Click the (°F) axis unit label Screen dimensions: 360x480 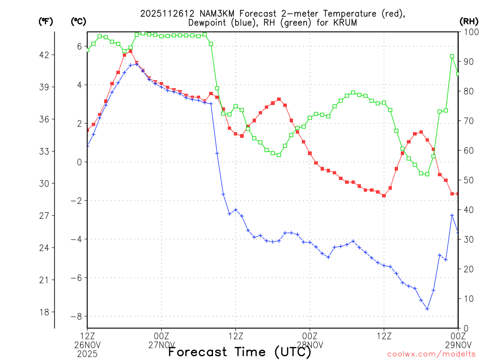click(45, 21)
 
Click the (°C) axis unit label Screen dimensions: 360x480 click(78, 21)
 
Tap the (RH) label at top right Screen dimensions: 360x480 click(468, 21)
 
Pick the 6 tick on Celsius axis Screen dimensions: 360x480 click(79, 46)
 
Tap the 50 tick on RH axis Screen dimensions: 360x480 click(468, 180)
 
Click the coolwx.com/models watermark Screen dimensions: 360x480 click(431, 354)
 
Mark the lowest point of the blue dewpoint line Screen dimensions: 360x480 click(427, 308)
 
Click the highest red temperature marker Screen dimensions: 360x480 click(131, 51)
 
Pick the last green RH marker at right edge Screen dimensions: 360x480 click(458, 74)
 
